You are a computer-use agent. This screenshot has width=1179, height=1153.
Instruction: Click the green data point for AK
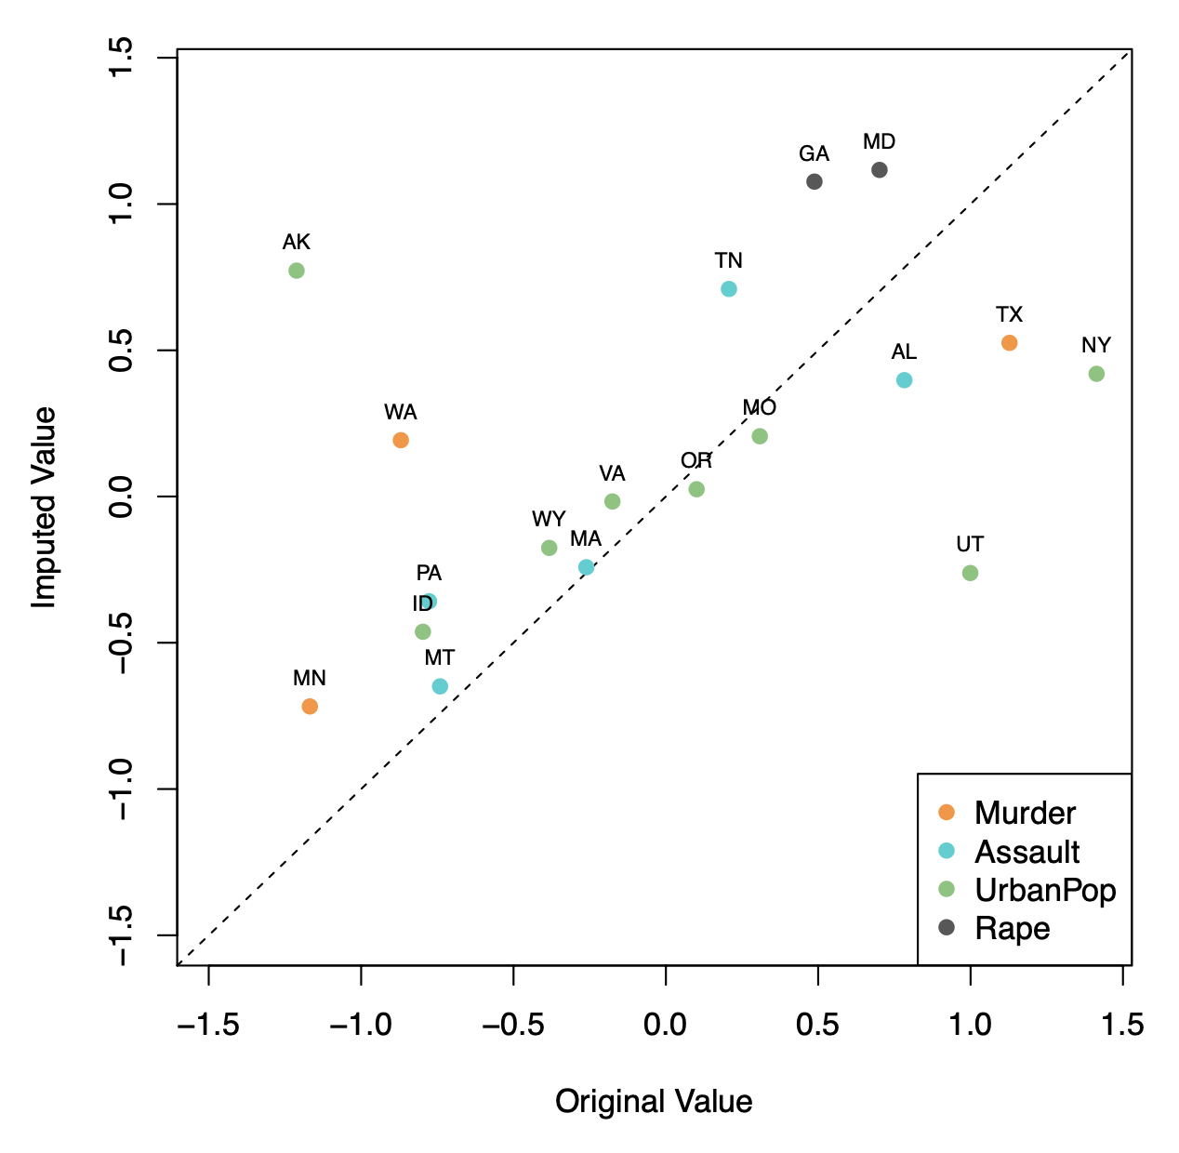tap(297, 271)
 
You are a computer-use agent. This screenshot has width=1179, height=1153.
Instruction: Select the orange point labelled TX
tap(1009, 343)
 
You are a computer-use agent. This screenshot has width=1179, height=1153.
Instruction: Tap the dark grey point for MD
tap(880, 170)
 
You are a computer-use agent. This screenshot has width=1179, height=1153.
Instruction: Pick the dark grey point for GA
tap(815, 181)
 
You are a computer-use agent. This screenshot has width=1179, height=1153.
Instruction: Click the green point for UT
tap(970, 573)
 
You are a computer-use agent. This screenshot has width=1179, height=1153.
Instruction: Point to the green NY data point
tap(1096, 374)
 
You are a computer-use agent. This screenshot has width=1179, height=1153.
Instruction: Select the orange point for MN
tap(310, 707)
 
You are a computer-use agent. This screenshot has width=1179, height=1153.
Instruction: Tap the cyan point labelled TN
tap(729, 289)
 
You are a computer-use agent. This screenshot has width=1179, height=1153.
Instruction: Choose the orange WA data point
tap(401, 440)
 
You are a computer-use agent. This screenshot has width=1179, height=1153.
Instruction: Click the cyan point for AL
tap(904, 380)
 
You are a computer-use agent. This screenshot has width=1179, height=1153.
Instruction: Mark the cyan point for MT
tap(440, 686)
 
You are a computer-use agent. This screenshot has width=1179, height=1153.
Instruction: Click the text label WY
tap(549, 519)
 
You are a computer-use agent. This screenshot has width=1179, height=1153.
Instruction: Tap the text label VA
tap(612, 474)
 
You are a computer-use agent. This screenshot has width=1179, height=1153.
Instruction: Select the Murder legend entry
tap(1025, 813)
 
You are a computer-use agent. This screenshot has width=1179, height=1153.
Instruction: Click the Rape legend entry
tap(1012, 928)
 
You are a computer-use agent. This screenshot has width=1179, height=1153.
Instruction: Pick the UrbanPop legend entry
tap(1044, 890)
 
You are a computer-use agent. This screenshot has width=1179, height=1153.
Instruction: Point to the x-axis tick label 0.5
tap(818, 1025)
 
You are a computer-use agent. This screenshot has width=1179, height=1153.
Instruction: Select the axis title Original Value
tap(654, 1102)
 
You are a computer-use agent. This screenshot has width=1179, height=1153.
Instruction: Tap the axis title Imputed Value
tap(45, 508)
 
